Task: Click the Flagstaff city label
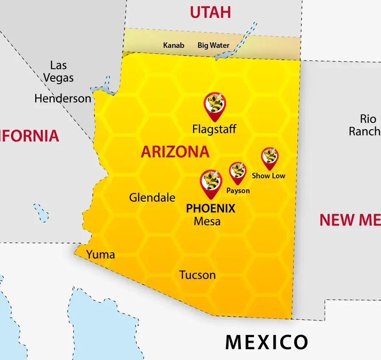(214, 129)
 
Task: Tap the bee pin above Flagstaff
(215, 105)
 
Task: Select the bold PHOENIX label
(211, 208)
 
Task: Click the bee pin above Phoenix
(211, 183)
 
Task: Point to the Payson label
(238, 191)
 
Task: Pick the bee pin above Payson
(238, 172)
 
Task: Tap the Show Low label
(268, 176)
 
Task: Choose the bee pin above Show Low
(270, 157)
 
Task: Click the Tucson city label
(198, 275)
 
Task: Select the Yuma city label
(101, 255)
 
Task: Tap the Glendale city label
(152, 197)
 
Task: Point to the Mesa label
(207, 221)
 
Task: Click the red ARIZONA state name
(175, 152)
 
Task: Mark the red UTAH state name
(210, 12)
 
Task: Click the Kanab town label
(174, 45)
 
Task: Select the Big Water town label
(213, 45)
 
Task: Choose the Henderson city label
(63, 99)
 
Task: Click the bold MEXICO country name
(266, 342)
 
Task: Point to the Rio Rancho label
(364, 125)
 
